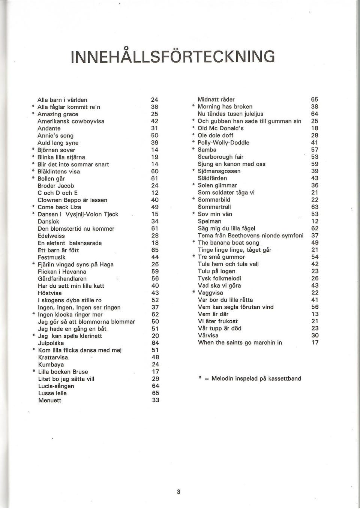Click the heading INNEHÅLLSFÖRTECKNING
(172, 57)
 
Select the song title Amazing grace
(58, 114)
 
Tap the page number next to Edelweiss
(155, 236)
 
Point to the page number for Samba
(315, 150)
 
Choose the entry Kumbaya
(51, 365)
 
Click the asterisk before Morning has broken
(193, 107)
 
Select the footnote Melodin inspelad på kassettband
(256, 378)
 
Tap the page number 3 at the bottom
(179, 492)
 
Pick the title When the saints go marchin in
(240, 342)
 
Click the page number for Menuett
(155, 400)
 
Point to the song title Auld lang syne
(58, 143)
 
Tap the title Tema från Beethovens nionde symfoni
(250, 236)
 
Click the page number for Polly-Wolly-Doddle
(315, 143)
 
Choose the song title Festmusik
(52, 257)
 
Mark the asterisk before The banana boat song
(193, 243)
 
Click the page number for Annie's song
(155, 135)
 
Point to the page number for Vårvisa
(315, 335)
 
